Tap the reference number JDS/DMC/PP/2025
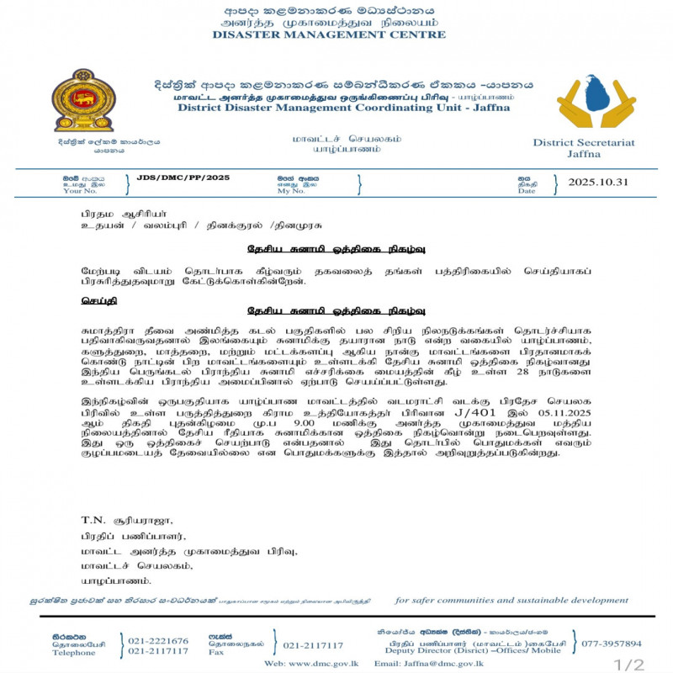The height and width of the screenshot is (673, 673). pyautogui.click(x=183, y=178)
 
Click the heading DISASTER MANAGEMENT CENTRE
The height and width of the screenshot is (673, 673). pyautogui.click(x=329, y=35)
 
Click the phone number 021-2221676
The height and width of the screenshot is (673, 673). pyautogui.click(x=157, y=641)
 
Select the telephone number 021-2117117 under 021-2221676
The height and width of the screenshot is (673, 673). pyautogui.click(x=157, y=652)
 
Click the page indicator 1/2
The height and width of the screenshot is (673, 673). pyautogui.click(x=628, y=665)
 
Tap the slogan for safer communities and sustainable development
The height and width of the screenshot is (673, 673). pyautogui.click(x=511, y=600)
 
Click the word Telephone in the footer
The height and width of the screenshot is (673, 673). pyautogui.click(x=74, y=652)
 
